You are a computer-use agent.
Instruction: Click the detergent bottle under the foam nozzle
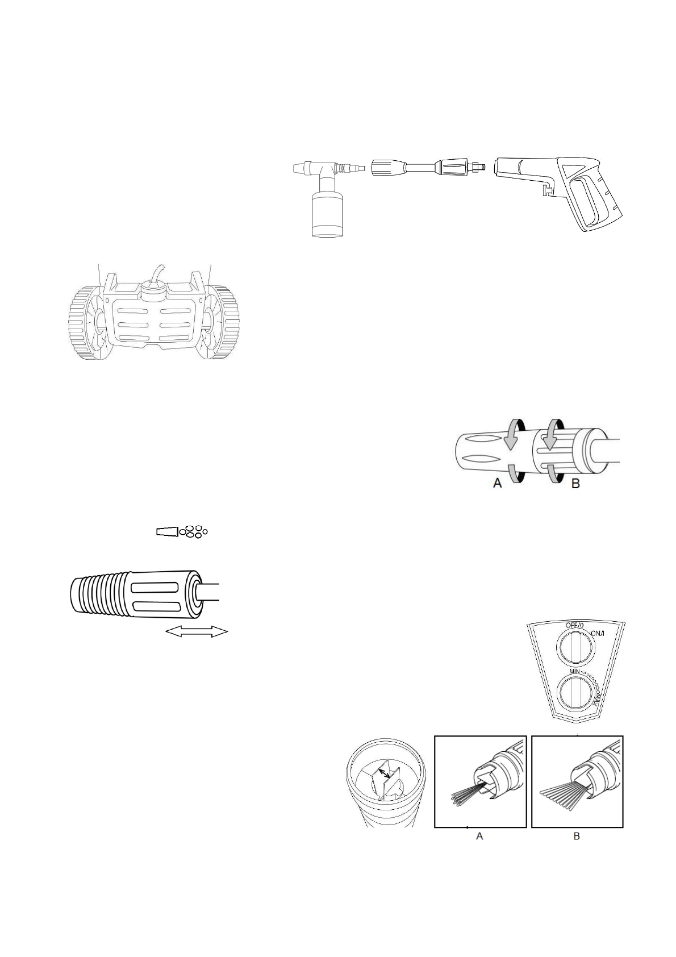coord(326,214)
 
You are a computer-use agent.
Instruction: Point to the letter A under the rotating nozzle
coord(498,484)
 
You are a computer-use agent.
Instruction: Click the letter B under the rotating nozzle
coord(575,485)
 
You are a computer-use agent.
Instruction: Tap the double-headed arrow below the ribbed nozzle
coord(196,631)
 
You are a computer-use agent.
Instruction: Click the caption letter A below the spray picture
coord(479,837)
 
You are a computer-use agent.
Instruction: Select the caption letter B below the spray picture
coord(577,837)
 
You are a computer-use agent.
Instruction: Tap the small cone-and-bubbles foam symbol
coord(182,532)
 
